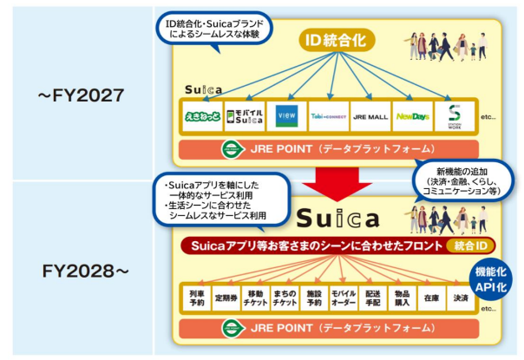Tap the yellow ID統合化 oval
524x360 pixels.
coord(337,39)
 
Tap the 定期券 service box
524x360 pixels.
coord(226,298)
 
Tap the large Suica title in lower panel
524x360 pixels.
coord(337,216)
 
